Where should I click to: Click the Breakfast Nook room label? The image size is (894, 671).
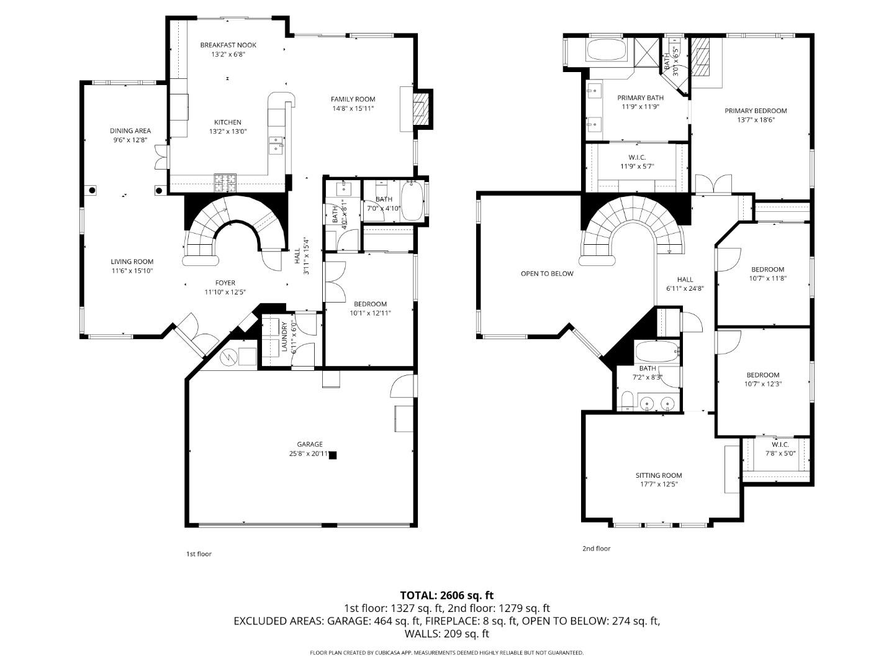click(228, 45)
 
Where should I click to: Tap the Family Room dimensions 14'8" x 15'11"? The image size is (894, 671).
click(353, 109)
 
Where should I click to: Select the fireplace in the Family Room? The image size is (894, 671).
click(422, 109)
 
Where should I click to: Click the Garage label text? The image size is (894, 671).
click(309, 444)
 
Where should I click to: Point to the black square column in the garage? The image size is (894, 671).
click(333, 455)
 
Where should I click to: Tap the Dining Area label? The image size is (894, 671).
click(130, 130)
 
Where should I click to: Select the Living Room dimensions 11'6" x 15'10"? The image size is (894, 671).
click(132, 271)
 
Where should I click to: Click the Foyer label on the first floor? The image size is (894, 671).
click(225, 283)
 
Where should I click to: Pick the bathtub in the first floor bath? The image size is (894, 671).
click(412, 201)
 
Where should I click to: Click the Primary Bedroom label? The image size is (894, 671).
click(756, 111)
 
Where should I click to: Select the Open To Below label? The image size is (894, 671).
click(547, 273)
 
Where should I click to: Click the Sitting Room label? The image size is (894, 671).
click(659, 475)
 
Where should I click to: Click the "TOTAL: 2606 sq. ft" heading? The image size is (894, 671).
click(446, 595)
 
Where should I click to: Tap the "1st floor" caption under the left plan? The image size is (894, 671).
click(199, 554)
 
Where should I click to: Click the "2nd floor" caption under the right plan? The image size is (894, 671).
click(596, 549)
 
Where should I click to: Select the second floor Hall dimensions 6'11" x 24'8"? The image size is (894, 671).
click(685, 288)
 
